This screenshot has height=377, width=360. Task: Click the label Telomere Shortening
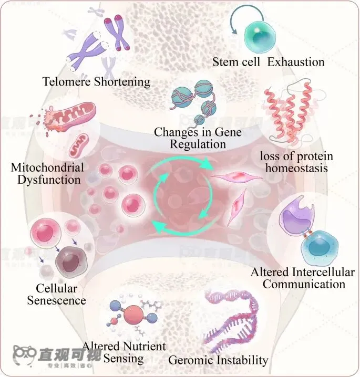(x=97, y=82)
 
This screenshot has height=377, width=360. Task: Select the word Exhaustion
(x=296, y=62)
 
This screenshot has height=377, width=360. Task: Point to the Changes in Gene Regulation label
(x=198, y=138)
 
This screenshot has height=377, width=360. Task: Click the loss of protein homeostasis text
(x=296, y=162)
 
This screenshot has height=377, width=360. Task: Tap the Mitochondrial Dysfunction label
(x=47, y=174)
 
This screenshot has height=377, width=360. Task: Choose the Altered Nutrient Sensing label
(x=124, y=352)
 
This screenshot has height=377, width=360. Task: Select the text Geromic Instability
(x=218, y=360)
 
